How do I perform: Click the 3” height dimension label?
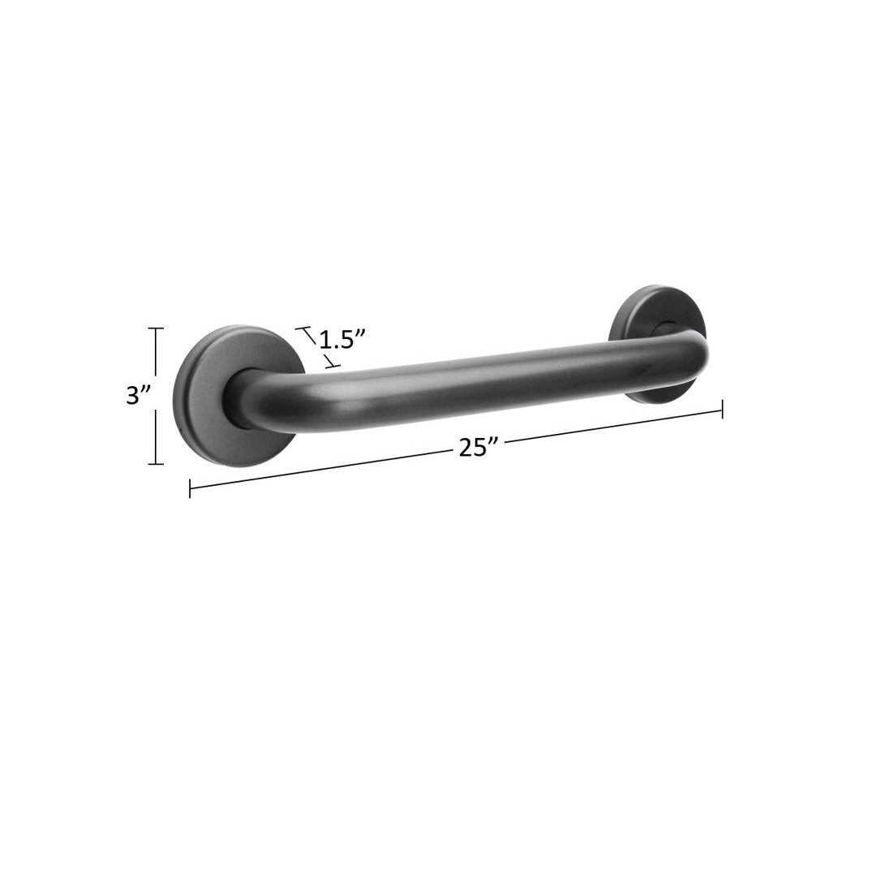[x=139, y=396]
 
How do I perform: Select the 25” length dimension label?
[x=477, y=447]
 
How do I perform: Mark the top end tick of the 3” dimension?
[x=156, y=328]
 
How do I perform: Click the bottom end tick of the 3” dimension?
[x=156, y=464]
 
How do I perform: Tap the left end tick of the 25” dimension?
[x=190, y=488]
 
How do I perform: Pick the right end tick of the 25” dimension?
[x=722, y=410]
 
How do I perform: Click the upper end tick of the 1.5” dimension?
[x=303, y=328]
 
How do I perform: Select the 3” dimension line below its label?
[x=156, y=438]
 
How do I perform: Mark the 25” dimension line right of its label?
[x=608, y=427]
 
